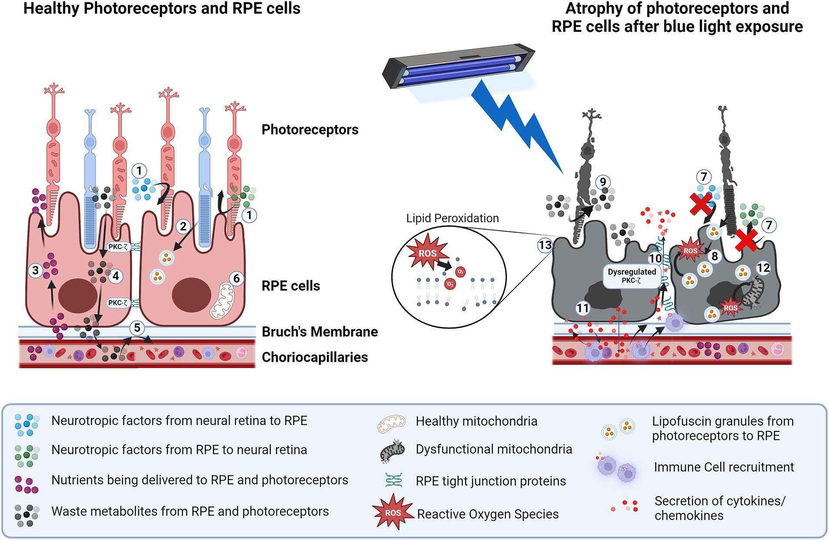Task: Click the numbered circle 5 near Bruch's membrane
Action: pyautogui.click(x=137, y=327)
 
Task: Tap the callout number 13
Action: pyautogui.click(x=545, y=245)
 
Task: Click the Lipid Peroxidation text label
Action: pyautogui.click(x=452, y=218)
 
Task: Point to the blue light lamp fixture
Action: pyautogui.click(x=459, y=66)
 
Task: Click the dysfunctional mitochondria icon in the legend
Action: pyautogui.click(x=392, y=451)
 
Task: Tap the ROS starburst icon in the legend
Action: pyautogui.click(x=393, y=512)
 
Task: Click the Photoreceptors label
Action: pyautogui.click(x=310, y=130)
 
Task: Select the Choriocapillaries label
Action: pyautogui.click(x=314, y=357)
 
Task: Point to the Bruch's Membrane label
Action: pyautogui.click(x=320, y=332)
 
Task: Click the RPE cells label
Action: pyautogui.click(x=290, y=286)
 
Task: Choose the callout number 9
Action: pyautogui.click(x=603, y=182)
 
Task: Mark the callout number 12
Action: pyautogui.click(x=763, y=268)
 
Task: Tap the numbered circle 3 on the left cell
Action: pyautogui.click(x=36, y=270)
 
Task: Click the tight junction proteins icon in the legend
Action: pyautogui.click(x=393, y=480)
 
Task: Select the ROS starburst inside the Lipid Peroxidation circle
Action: pyautogui.click(x=426, y=253)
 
